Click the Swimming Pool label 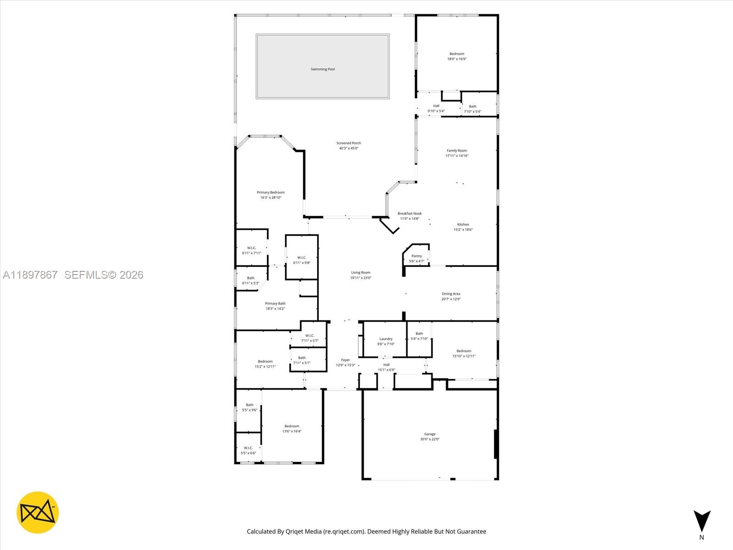point(323,69)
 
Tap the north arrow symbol point(701,522)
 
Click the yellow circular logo point(38,512)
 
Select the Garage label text point(430,434)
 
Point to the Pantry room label point(416,256)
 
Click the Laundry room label point(386,339)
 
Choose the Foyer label point(345,360)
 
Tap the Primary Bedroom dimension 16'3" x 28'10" point(271,198)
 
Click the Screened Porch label point(349,143)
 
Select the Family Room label point(457,150)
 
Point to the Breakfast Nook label point(410,214)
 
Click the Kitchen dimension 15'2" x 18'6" point(463,230)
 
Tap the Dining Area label point(451,294)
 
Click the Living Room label point(361,273)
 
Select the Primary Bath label point(275,303)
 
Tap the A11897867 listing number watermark point(30,275)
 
